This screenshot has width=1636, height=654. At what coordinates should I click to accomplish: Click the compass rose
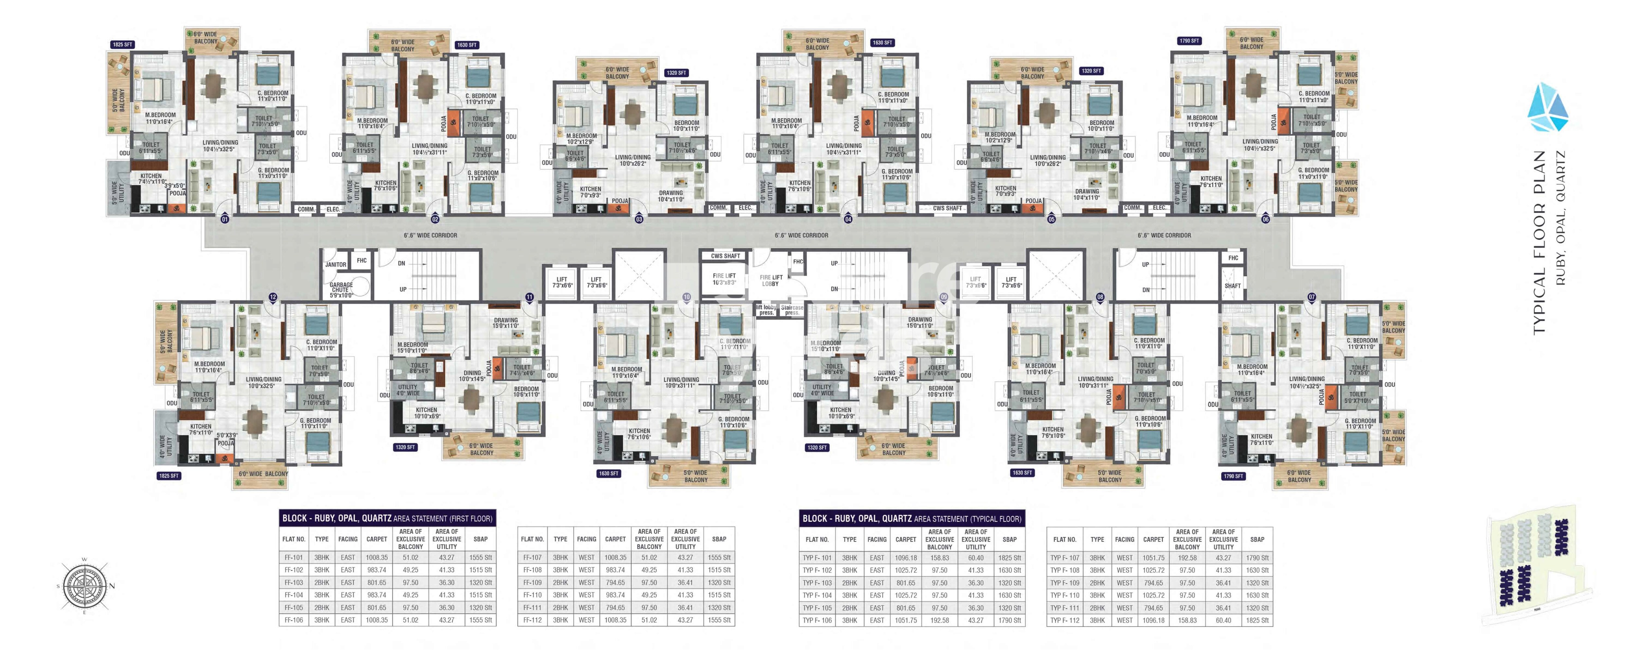[x=84, y=585]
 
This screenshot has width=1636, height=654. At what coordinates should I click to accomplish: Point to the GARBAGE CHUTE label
[x=341, y=290]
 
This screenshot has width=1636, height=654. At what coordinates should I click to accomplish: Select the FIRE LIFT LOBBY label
[x=771, y=281]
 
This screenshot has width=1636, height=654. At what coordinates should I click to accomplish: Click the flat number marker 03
[x=639, y=219]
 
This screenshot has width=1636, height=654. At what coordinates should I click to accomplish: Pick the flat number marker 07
[x=1311, y=297]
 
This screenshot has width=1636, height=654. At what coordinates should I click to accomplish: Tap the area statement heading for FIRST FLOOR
[x=387, y=518]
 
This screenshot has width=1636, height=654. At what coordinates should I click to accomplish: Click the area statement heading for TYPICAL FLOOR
[x=911, y=518]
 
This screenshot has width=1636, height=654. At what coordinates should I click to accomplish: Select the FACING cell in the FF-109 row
[x=586, y=582]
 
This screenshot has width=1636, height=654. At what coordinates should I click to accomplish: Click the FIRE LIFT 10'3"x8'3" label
[x=724, y=279]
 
